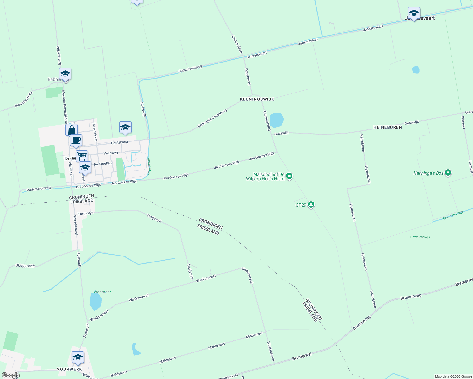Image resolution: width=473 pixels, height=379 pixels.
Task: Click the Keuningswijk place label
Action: (257, 99)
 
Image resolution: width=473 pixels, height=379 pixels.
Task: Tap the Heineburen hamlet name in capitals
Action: (387, 127)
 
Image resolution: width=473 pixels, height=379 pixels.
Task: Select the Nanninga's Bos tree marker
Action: (448, 173)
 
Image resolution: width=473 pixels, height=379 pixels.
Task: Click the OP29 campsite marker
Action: (311, 205)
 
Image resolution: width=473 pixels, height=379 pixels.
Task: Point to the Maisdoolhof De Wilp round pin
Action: (289, 176)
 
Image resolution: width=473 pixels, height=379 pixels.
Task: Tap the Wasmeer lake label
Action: (102, 292)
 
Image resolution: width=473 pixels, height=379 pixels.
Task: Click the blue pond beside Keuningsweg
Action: (276, 120)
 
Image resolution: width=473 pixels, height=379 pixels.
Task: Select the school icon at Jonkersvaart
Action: (414, 13)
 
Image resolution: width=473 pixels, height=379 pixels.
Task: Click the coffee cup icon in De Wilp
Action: (76, 140)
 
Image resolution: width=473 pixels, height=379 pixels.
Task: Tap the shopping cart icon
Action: (82, 156)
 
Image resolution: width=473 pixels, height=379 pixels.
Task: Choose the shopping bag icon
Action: (72, 130)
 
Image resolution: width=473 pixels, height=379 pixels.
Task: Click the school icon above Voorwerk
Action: (78, 357)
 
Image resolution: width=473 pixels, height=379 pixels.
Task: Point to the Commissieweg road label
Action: (190, 69)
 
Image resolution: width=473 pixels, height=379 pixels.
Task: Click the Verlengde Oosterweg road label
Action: (212, 118)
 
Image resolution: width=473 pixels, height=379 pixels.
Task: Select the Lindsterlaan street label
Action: (237, 44)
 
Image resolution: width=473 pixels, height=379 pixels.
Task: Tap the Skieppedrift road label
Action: (25, 266)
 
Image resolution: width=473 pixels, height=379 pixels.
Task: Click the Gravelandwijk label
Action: (420, 237)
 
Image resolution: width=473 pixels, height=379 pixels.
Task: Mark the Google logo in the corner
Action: (11, 375)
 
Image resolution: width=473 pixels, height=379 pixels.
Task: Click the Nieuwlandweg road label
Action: (23, 99)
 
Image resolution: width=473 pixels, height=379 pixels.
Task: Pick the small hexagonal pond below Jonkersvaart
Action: (416, 70)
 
